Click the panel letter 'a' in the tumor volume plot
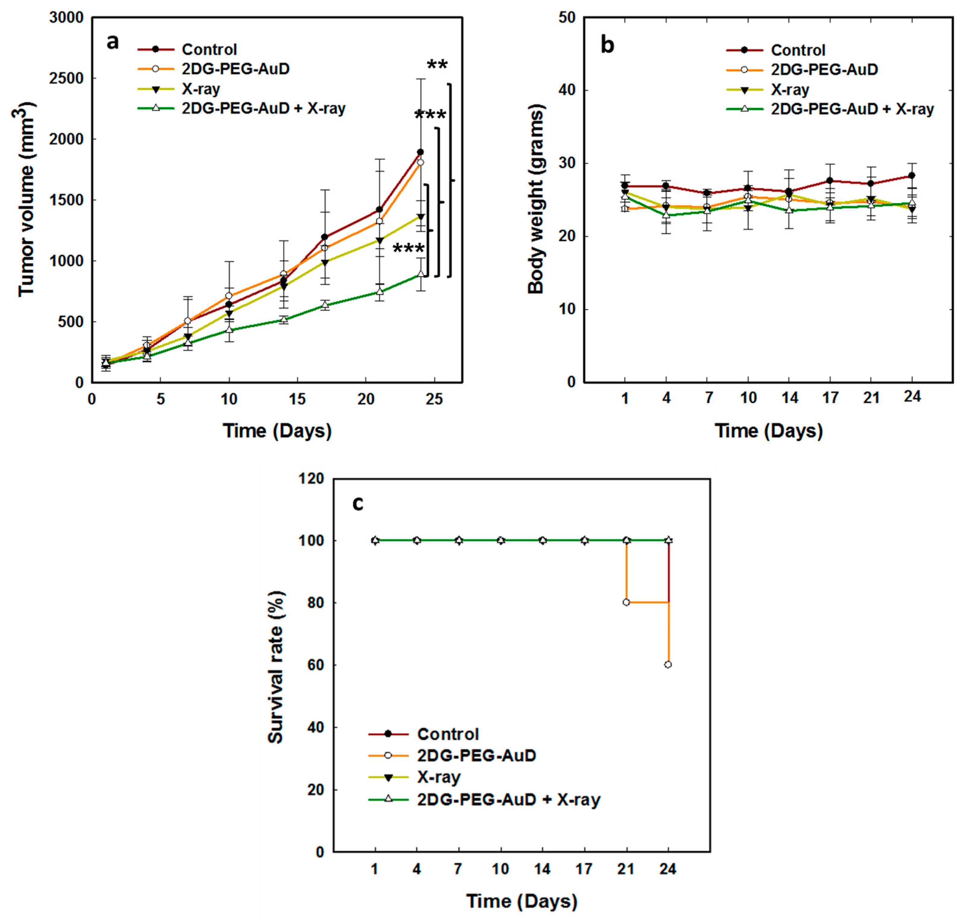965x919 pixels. click(113, 42)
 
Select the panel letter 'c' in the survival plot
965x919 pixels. click(358, 503)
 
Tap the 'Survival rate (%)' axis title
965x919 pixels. click(276, 667)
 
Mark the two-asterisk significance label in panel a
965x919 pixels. click(437, 65)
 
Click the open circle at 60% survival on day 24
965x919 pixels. click(668, 665)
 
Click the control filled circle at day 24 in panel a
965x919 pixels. click(420, 152)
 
